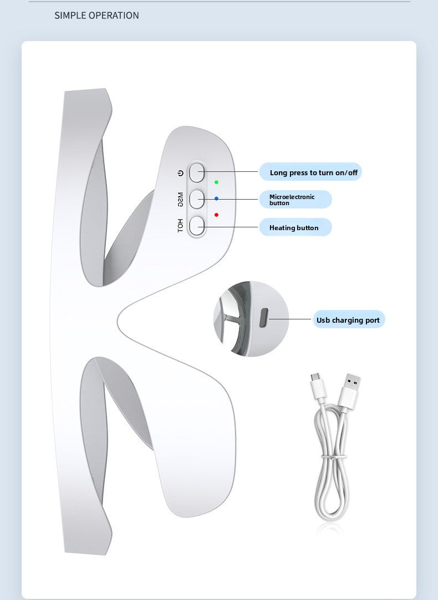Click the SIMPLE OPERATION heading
pyautogui.click(x=96, y=16)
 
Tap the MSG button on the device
pyautogui.click(x=197, y=199)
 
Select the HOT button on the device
pyautogui.click(x=197, y=226)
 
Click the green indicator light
pyautogui.click(x=217, y=182)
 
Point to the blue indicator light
pyautogui.click(x=217, y=199)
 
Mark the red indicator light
pyautogui.click(x=217, y=215)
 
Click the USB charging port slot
pyautogui.click(x=263, y=319)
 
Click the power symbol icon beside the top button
pyautogui.click(x=181, y=173)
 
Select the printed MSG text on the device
pyautogui.click(x=180, y=200)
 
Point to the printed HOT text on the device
pyautogui.click(x=180, y=226)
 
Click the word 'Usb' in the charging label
pyautogui.click(x=323, y=320)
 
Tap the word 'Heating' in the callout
pyautogui.click(x=282, y=228)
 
